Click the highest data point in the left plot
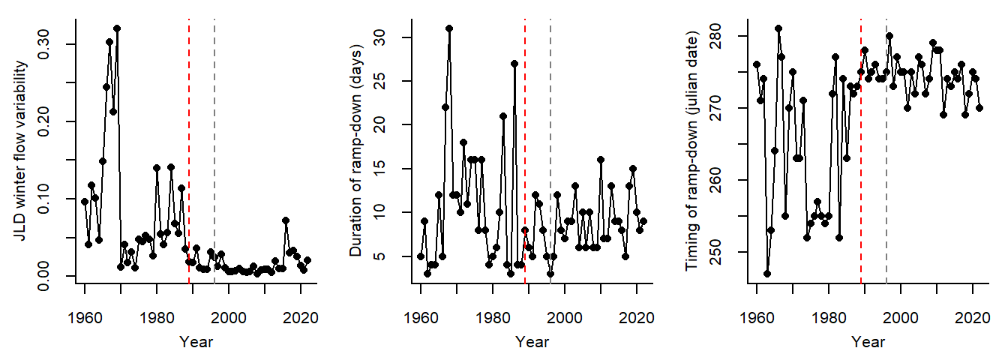click(x=117, y=28)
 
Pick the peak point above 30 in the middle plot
click(x=449, y=28)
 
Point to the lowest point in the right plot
click(x=767, y=274)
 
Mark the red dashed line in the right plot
click(x=861, y=150)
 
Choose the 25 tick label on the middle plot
click(x=393, y=81)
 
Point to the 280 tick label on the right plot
click(x=729, y=36)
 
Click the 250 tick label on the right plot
click(x=729, y=252)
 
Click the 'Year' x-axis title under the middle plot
click(x=532, y=343)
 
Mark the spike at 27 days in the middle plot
click(x=514, y=64)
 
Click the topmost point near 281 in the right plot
click(x=778, y=28)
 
